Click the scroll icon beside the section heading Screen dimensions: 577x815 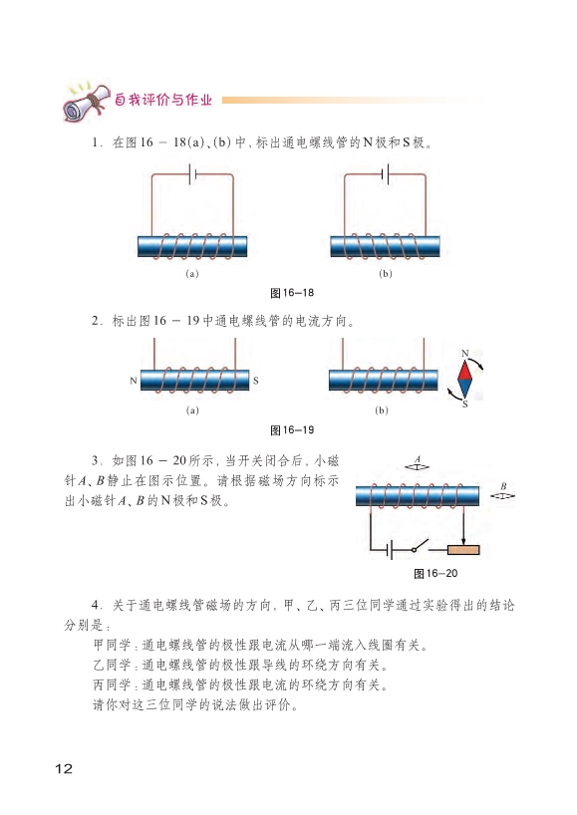87,101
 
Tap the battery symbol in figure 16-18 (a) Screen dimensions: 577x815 192,174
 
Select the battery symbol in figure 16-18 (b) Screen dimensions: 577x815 386,174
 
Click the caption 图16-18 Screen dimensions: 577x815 292,293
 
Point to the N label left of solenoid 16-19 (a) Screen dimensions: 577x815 134,381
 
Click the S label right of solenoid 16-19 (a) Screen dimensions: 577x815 255,381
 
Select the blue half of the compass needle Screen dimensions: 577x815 464,388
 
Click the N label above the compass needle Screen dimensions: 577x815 464,354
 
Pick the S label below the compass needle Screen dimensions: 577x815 464,404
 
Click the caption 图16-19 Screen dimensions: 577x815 292,429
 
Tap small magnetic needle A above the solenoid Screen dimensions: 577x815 417,466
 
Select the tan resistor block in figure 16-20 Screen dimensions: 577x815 463,549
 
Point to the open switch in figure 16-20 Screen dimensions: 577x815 420,546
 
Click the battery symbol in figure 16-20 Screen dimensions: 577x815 390,549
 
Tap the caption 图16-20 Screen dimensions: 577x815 435,573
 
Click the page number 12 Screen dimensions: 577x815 64,769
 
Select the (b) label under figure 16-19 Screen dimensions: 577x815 382,410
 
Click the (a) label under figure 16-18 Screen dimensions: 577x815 191,273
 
